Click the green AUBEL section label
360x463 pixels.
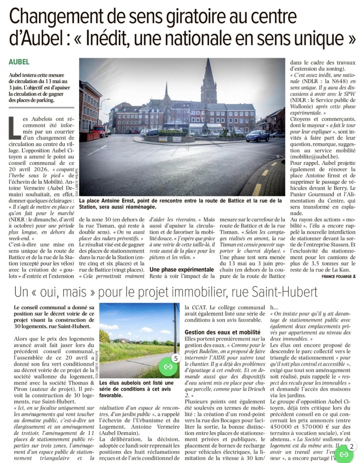tap(19, 62)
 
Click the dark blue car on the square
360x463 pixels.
tap(257, 136)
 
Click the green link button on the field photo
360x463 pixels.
tap(167, 366)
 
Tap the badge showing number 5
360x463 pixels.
tap(175, 358)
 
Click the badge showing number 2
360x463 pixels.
tap(351, 446)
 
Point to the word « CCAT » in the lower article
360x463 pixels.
tap(204, 307)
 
